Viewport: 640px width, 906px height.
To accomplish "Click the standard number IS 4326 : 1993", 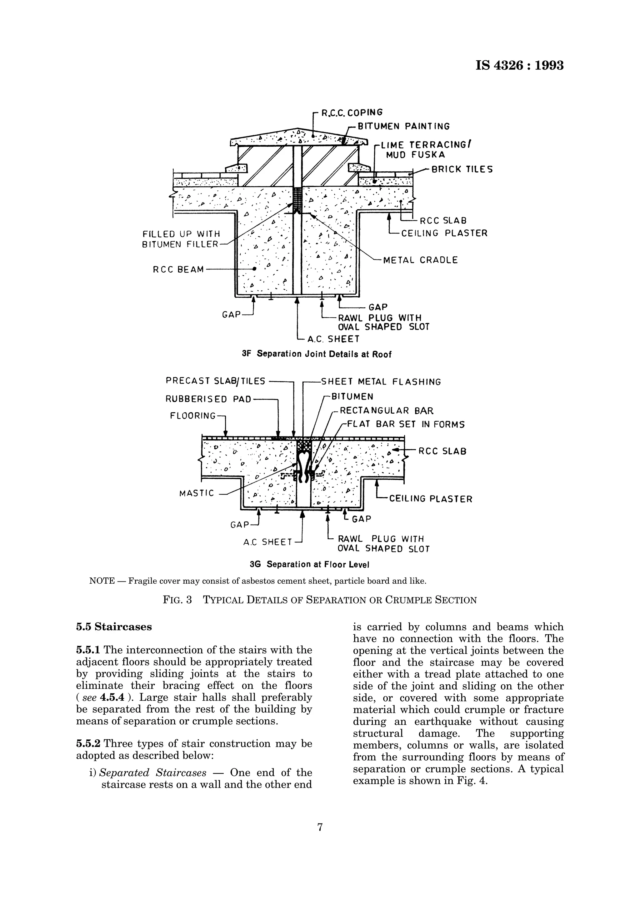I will click(519, 65).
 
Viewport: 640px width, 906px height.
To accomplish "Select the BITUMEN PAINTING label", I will click(403, 127).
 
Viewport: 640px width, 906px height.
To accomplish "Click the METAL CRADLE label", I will click(420, 260).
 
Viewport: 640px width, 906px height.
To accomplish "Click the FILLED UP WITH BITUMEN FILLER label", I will click(181, 239).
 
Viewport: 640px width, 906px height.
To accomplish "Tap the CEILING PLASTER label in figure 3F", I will click(444, 233).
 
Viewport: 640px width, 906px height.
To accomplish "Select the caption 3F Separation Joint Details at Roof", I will click(317, 354).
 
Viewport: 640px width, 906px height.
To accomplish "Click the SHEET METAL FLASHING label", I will click(381, 382).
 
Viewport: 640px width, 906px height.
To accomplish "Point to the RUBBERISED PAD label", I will click(208, 399).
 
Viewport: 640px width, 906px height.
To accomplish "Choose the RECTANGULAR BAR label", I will click(387, 411).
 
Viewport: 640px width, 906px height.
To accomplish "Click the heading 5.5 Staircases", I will click(113, 627).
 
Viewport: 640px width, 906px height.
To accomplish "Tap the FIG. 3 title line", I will click(320, 600).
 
